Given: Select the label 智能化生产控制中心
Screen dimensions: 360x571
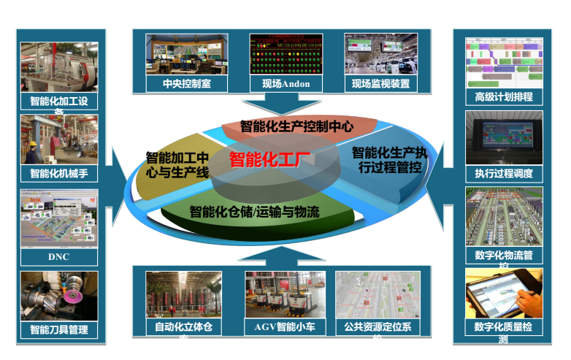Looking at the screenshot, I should click(x=296, y=126).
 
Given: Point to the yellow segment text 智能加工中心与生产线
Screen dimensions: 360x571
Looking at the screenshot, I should click(x=177, y=164).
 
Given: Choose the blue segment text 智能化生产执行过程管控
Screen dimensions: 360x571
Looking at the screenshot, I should click(x=388, y=160).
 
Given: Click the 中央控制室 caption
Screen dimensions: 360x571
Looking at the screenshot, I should click(x=177, y=83).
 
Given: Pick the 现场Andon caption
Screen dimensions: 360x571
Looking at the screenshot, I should click(x=285, y=83).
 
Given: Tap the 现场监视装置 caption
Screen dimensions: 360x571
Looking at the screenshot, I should click(x=380, y=83).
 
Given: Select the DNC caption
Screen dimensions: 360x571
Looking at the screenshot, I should click(x=58, y=257).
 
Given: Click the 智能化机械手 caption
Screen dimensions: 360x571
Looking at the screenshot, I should click(x=58, y=173).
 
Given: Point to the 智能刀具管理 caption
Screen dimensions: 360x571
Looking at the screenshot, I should click(x=58, y=329).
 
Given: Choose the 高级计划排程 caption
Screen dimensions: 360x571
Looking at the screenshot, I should click(x=504, y=96).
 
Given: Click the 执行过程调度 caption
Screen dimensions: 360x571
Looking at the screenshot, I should click(x=504, y=173).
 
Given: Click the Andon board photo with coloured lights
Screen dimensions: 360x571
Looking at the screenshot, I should click(x=285, y=53).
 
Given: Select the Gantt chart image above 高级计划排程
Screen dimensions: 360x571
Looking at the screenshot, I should click(x=504, y=61).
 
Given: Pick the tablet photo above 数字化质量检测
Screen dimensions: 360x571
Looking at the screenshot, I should click(x=504, y=293).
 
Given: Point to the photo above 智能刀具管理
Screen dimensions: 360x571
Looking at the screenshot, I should click(x=58, y=296).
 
